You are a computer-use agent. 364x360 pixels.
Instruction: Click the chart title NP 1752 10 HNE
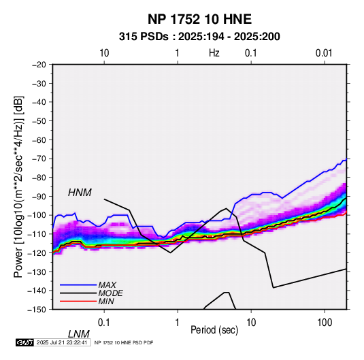point(199,19)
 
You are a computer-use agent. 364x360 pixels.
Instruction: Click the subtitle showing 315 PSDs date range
point(199,37)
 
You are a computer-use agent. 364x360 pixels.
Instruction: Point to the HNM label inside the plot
point(80,193)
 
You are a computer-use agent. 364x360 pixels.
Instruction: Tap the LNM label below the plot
point(79,334)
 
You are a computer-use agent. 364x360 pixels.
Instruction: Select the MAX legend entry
point(107,284)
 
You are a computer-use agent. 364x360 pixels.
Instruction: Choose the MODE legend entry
point(110,293)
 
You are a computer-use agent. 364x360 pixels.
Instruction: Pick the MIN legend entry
point(106,301)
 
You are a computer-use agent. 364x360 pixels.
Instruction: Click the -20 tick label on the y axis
point(39,65)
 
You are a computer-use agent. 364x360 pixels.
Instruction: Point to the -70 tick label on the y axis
point(39,159)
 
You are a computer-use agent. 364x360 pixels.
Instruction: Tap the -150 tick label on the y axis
point(37,310)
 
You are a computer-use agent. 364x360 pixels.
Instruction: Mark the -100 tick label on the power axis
point(37,215)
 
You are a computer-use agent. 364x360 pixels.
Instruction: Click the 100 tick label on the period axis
point(325,323)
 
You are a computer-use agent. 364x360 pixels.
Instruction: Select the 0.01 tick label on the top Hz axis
point(324,53)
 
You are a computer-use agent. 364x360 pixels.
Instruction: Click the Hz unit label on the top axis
point(214,53)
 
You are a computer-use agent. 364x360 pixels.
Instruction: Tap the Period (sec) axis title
point(214,330)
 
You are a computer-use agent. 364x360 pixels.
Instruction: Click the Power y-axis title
point(18,187)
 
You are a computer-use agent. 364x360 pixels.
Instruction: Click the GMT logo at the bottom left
point(25,342)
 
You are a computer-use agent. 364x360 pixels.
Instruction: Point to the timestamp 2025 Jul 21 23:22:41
point(62,342)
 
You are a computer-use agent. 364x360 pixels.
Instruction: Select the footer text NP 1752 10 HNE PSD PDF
point(124,342)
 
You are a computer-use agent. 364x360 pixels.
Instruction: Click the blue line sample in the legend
point(78,284)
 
